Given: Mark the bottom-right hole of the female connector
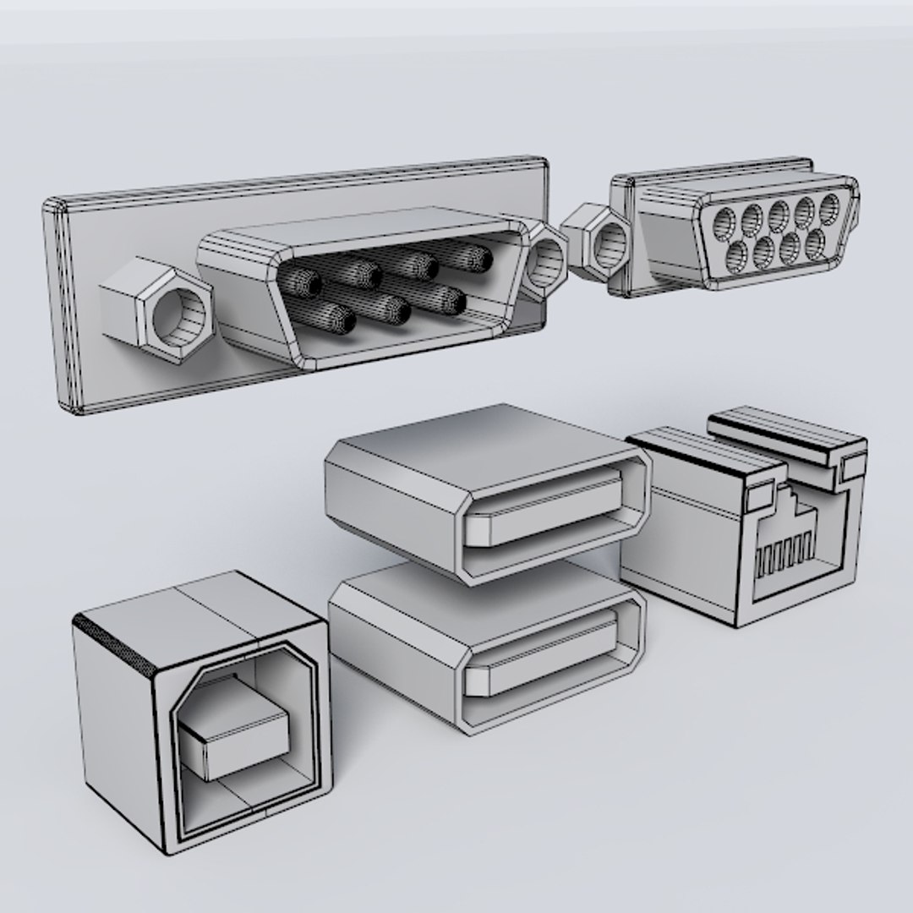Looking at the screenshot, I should [815, 242].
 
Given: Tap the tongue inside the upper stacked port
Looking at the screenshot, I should [549, 508].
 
